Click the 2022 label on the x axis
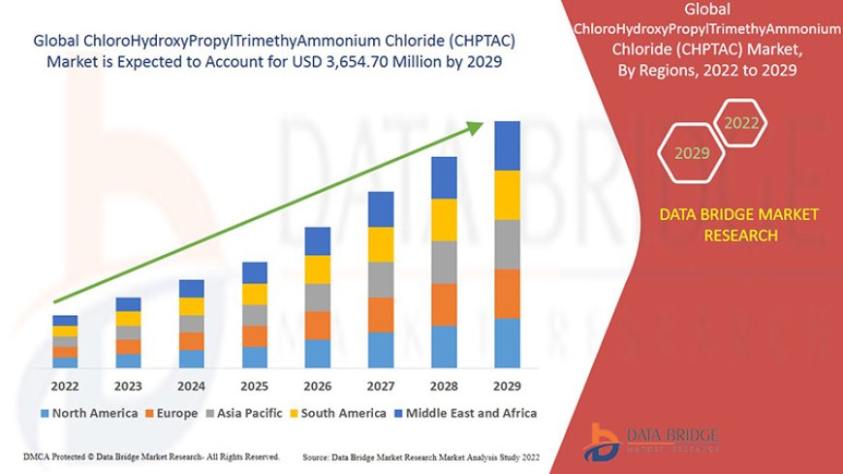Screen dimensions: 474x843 (x=65, y=385)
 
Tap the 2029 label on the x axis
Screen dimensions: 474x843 (x=507, y=385)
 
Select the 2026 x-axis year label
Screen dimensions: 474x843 (x=318, y=385)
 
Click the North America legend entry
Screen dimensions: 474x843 (x=88, y=413)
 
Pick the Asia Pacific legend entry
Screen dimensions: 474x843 (x=251, y=413)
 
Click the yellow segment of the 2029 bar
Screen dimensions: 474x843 (x=507, y=195)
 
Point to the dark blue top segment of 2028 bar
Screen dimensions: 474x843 (x=444, y=177)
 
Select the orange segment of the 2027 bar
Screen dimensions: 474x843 (x=381, y=314)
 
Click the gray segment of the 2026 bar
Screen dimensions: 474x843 (x=318, y=297)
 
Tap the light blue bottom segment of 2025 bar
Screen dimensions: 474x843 (x=255, y=357)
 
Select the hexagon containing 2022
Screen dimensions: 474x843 (x=741, y=123)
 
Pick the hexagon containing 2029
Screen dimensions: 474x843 (x=692, y=153)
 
